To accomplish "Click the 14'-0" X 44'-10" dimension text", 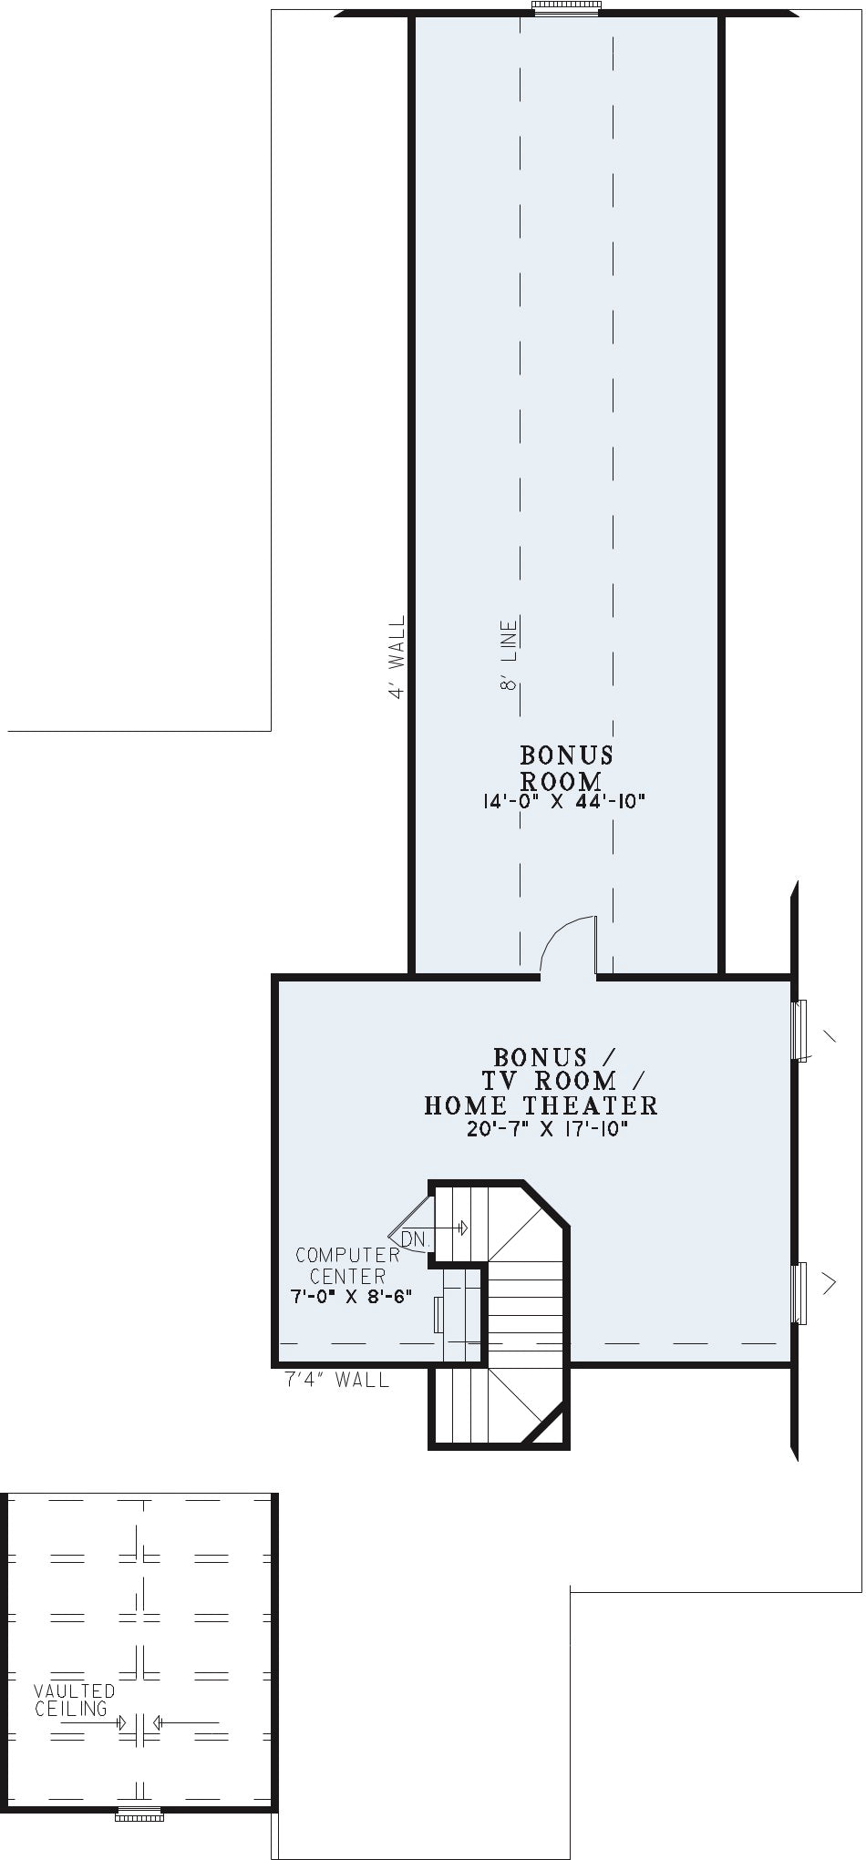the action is tap(563, 802).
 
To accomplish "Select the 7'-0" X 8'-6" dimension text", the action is tap(352, 1297).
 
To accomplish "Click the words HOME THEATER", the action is tap(541, 1105).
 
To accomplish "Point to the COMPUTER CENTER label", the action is tap(347, 1266).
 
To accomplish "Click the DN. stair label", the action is tap(415, 1239).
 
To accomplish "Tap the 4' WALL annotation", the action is tap(397, 657).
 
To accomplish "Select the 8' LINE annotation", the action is tap(509, 653).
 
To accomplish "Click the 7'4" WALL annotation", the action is tap(337, 1380).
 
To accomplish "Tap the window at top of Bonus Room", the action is tap(567, 8).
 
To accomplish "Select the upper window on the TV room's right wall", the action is tap(800, 1031).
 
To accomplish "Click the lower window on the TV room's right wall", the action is tap(800, 1293).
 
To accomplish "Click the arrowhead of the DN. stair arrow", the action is tap(463, 1228).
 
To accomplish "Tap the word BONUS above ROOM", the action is tap(566, 755).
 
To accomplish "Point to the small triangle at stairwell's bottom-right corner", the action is tap(552, 1430).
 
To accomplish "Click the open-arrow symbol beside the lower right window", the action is tap(829, 1283).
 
